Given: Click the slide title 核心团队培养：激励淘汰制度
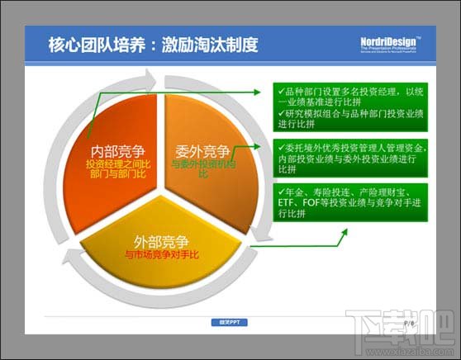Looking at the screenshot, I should (x=153, y=43).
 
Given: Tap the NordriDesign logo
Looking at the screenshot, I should (x=390, y=44).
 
